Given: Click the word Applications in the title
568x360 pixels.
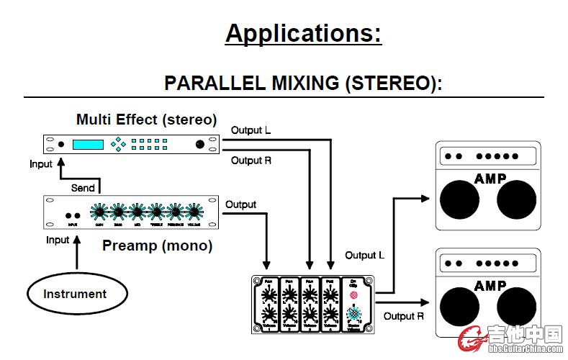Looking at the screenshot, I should point(302,33).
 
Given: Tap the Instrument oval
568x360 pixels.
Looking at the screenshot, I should point(75,294).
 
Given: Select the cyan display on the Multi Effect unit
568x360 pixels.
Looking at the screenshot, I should point(88,144).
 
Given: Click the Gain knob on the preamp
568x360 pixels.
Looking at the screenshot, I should point(99,212).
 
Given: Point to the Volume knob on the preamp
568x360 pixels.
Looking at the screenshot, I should point(192,212).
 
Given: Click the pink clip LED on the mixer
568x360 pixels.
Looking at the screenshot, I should point(353,295).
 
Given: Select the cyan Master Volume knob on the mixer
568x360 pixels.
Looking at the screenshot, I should point(353,314).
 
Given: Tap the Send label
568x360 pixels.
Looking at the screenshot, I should point(82,188).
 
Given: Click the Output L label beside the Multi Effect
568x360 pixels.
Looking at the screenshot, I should point(251,130).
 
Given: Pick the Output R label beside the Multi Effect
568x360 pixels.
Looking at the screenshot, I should point(251,161).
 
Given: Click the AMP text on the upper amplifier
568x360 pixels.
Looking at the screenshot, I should point(490,178).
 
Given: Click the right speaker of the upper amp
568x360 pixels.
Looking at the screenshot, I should point(517,199).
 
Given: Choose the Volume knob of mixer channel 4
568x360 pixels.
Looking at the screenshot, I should point(330,315).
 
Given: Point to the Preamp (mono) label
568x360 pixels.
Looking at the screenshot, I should point(157,246).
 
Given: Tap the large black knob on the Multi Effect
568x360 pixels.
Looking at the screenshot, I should point(199,145).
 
